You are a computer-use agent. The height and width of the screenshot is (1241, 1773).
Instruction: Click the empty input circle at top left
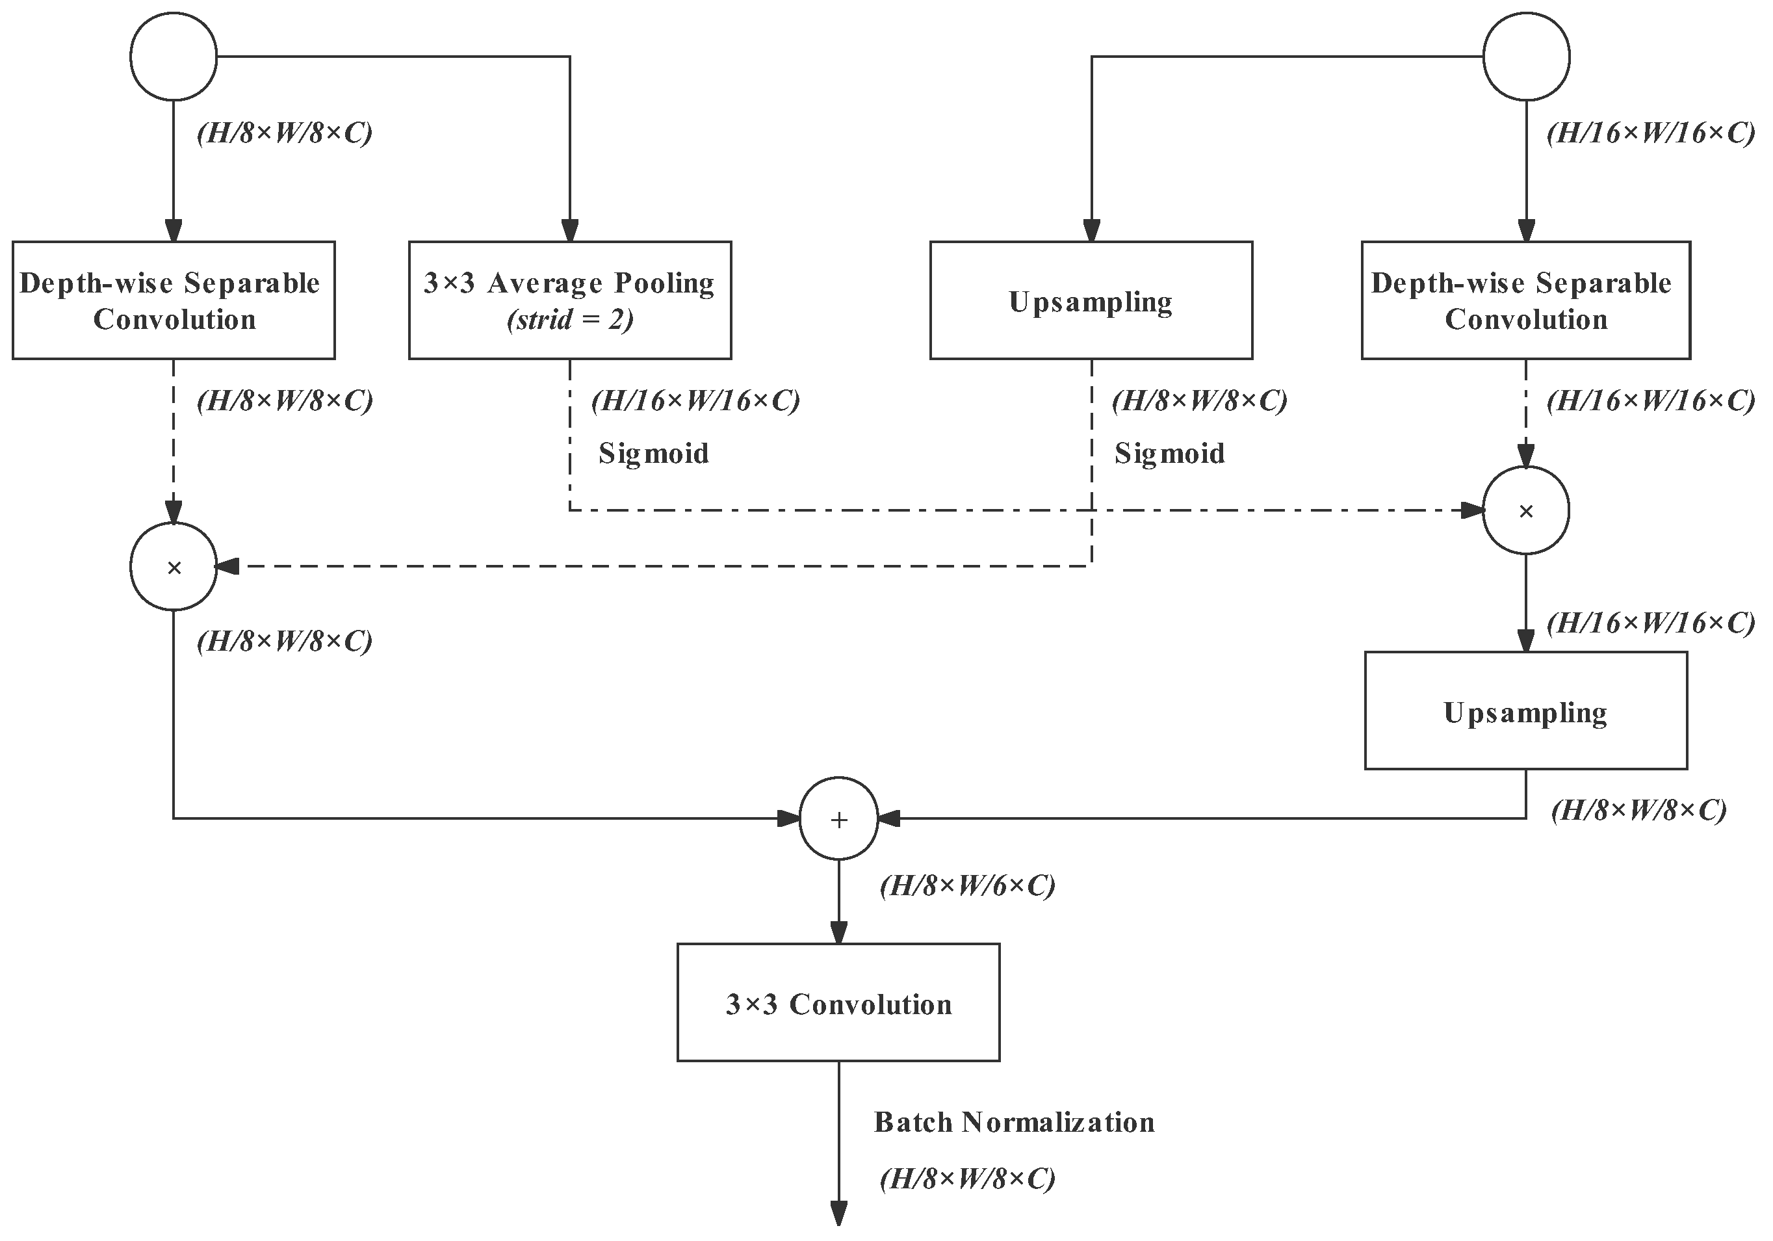[174, 57]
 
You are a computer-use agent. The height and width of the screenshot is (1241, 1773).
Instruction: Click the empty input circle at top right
[1526, 57]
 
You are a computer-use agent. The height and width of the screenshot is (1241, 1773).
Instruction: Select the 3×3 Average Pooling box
[570, 300]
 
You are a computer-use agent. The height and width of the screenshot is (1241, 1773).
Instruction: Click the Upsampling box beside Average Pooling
[1091, 300]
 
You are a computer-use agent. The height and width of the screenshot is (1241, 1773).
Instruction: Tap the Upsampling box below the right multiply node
[1525, 711]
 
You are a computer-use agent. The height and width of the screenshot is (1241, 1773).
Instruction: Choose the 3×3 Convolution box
[838, 1002]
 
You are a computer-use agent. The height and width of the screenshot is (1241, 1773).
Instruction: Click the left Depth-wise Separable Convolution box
[174, 300]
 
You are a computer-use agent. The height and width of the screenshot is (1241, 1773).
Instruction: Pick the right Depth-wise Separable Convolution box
[1525, 300]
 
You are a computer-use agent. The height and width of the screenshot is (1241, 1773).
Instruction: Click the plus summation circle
[838, 818]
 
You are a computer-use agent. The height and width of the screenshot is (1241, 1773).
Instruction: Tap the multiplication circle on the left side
[174, 568]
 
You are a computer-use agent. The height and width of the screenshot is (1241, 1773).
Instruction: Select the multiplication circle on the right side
[1526, 510]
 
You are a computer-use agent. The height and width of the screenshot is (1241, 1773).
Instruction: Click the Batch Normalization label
[1014, 1122]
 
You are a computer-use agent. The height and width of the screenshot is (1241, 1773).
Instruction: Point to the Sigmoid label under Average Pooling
[653, 453]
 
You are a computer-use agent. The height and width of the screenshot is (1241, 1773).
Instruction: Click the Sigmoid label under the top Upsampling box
[1169, 453]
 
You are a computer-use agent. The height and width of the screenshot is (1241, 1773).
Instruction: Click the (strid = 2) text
[570, 320]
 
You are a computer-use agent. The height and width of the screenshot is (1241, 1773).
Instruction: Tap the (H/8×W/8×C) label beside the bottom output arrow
[967, 1179]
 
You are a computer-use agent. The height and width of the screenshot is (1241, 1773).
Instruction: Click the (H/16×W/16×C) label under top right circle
[1651, 134]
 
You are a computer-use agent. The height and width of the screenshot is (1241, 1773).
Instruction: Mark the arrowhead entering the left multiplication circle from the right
[227, 568]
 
